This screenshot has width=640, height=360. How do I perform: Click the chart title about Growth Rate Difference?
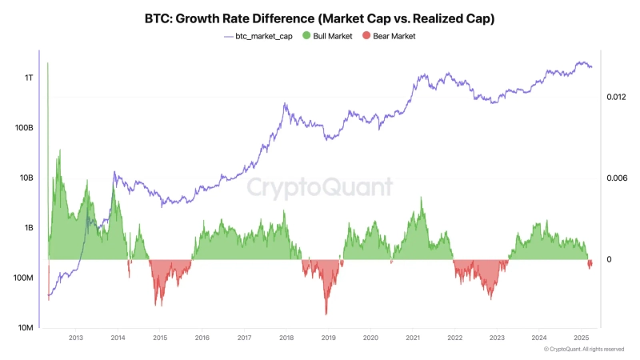pos(320,18)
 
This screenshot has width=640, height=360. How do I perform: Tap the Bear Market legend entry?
pos(388,36)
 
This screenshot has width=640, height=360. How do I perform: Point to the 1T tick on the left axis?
pos(29,78)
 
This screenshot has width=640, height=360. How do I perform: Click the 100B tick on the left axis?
pos(24,128)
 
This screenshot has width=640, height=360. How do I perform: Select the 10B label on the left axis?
pos(26,178)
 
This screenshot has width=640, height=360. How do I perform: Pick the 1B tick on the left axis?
pos(28,228)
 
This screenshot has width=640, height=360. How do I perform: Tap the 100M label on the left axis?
pos(24,278)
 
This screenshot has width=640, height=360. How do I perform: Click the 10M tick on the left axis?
pos(26,328)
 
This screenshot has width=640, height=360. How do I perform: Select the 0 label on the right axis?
pos(609,259)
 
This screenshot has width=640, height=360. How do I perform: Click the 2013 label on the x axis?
pos(75,338)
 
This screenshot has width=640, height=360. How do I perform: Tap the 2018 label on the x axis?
pos(286,338)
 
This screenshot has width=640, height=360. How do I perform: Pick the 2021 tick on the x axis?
pos(412,338)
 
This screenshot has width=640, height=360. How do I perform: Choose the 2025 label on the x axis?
pos(581,338)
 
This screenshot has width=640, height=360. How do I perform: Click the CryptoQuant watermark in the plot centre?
pos(319,187)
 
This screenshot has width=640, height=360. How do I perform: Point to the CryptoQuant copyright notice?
pos(584,350)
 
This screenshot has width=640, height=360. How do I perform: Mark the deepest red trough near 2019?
pos(326,314)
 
